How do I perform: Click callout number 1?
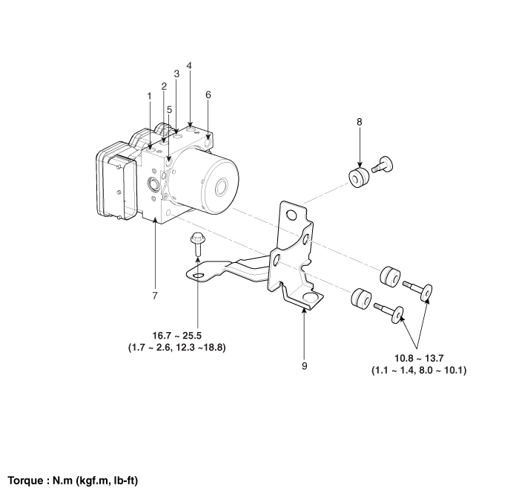point(149,96)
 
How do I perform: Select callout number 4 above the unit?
point(189,65)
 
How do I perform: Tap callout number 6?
point(208,95)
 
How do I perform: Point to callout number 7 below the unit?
point(155,296)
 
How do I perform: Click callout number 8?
point(360,122)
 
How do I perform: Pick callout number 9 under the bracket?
point(305,366)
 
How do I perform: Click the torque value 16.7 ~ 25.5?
point(176,336)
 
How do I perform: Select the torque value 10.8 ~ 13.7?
point(419,358)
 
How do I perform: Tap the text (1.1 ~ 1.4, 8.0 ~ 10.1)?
point(419,371)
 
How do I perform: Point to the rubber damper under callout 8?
point(359,178)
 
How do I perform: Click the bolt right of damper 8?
point(383,164)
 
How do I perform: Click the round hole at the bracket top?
point(291,215)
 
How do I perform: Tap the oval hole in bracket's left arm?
point(198,276)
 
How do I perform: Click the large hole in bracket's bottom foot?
point(311,298)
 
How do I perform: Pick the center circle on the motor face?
point(221,188)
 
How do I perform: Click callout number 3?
point(176,74)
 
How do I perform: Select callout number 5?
point(170,109)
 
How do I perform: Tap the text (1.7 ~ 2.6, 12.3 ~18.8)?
point(176,348)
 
